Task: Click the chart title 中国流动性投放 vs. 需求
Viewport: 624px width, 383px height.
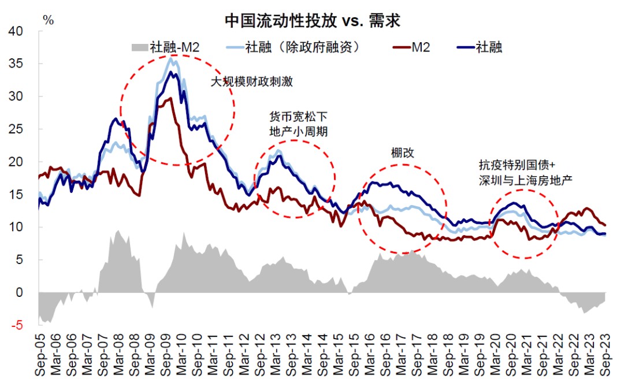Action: [313, 22]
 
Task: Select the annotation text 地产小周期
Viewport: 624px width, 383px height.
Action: [299, 132]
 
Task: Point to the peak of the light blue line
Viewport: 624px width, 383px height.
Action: [171, 58]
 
